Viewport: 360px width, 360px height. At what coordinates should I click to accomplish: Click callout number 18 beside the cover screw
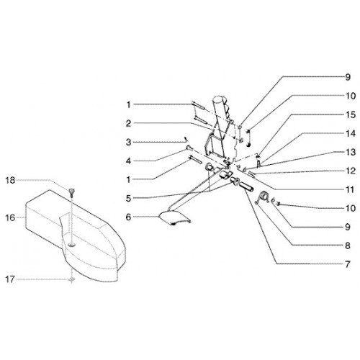pos(10,180)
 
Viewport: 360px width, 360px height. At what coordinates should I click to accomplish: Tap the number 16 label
pos(10,218)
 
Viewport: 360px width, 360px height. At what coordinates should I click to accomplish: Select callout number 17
pos(10,279)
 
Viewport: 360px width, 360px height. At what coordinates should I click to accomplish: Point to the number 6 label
pos(129,217)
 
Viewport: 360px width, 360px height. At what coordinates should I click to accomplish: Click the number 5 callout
pos(129,199)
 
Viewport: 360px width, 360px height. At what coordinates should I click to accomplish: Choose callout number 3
pos(129,143)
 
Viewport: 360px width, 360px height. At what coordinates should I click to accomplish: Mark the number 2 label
pos(129,124)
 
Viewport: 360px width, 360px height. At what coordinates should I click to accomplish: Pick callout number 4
pos(129,161)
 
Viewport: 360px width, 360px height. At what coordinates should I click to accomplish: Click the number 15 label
pos(351,114)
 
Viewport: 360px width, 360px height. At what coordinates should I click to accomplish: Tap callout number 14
pos(351,133)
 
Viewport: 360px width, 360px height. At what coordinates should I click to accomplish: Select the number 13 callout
pos(351,152)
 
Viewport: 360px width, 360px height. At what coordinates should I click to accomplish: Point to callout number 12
pos(351,171)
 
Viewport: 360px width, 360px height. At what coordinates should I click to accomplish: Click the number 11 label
pos(350,189)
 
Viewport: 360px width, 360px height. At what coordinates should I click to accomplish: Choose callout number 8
pos(348,246)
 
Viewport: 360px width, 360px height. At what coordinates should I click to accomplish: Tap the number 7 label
pos(348,264)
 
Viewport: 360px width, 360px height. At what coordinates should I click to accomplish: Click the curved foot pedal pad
pos(175,218)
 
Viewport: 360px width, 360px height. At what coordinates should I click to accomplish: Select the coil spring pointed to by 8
pos(263,197)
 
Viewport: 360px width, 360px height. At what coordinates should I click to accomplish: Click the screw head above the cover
pos(71,191)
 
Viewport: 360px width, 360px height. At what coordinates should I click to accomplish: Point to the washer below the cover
pos(71,279)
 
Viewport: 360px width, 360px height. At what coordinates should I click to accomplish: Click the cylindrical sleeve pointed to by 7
pos(247,187)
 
